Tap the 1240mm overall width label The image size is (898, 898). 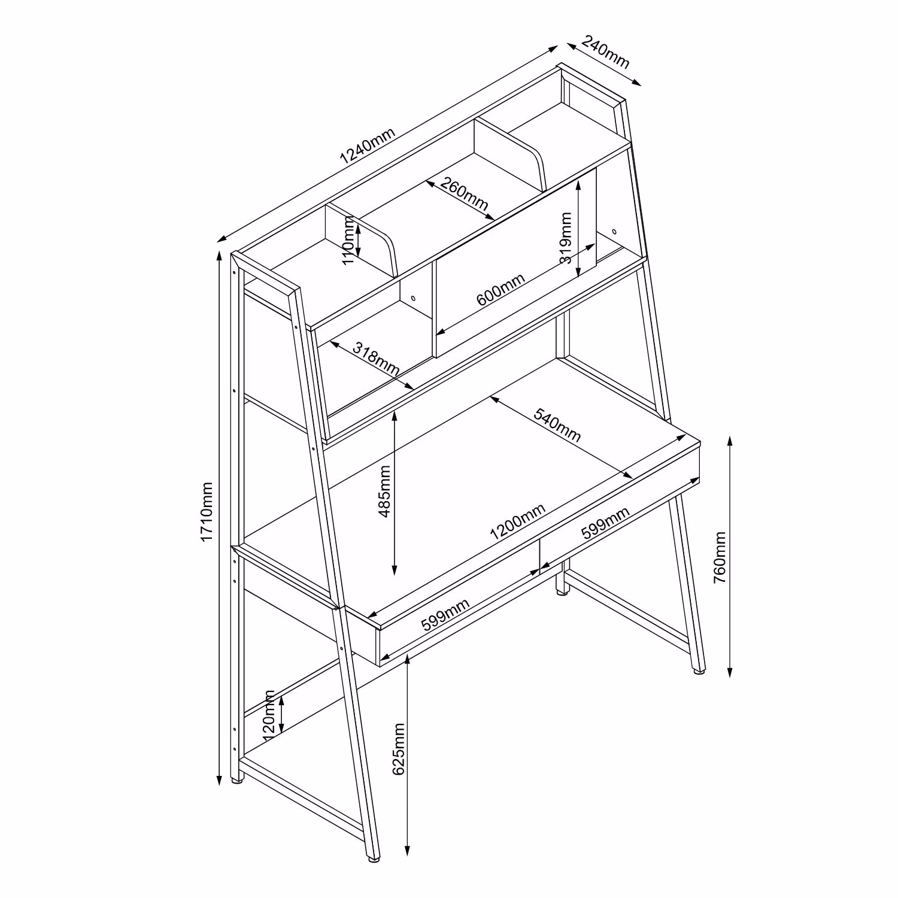click(368, 147)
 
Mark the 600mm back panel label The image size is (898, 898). click(500, 289)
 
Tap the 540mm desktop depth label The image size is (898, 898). click(557, 424)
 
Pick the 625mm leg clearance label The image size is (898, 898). click(399, 749)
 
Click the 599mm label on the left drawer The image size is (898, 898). click(445, 615)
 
